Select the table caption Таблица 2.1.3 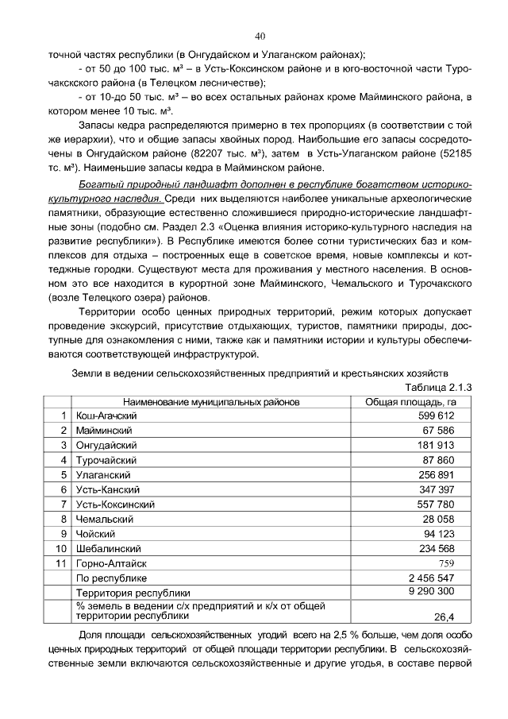coord(438,388)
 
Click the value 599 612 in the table coord(436,416)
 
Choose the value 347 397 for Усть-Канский coord(436,489)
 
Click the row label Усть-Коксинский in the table coord(114,504)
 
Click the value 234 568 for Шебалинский coord(436,548)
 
